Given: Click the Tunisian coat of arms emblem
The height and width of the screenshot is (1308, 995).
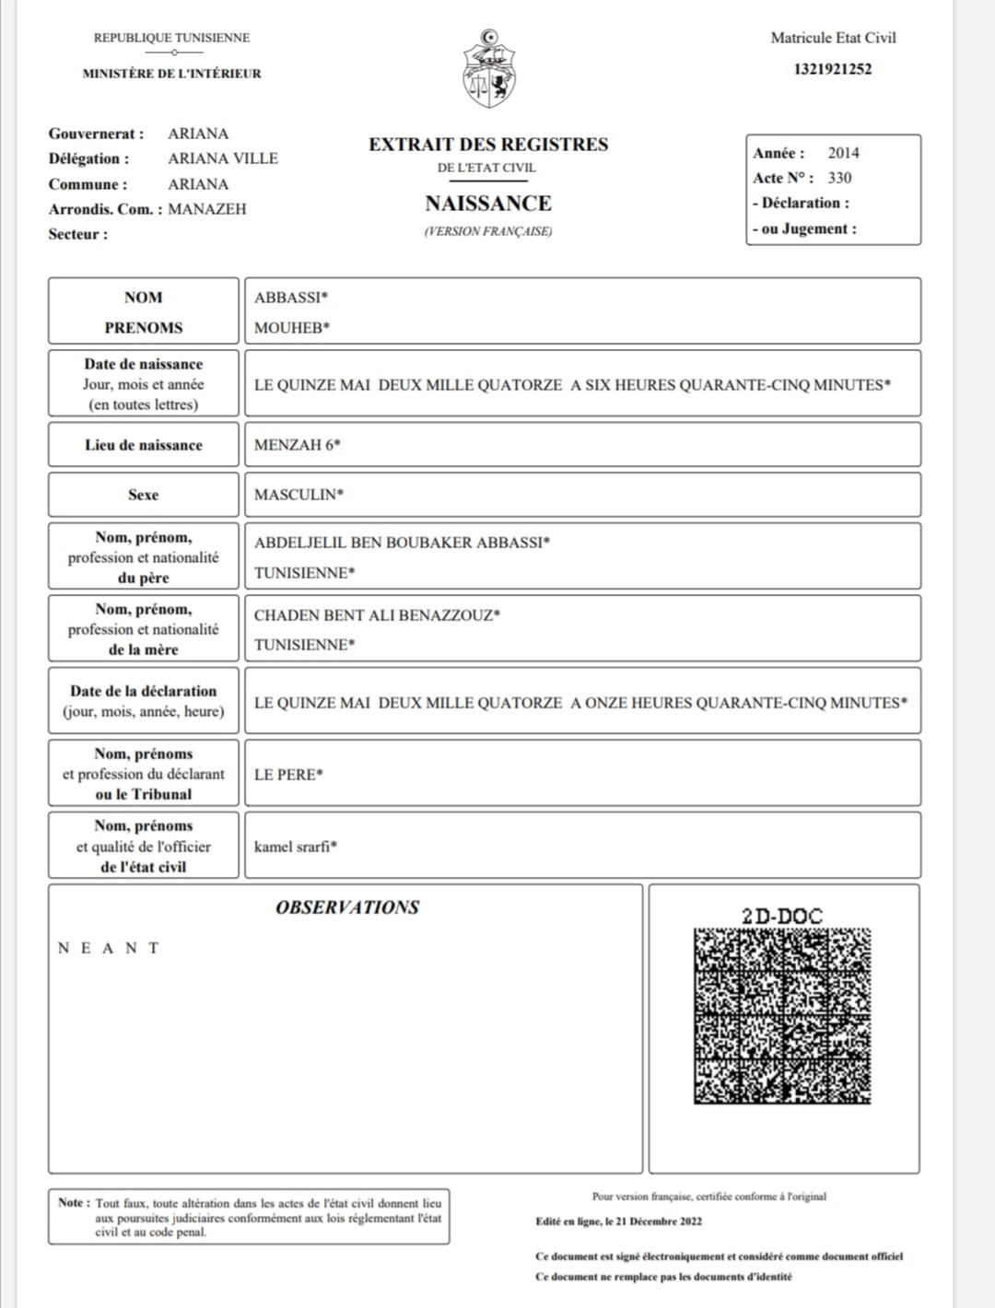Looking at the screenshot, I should pyautogui.click(x=488, y=68).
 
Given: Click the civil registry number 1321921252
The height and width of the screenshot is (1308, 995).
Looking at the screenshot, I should pyautogui.click(x=832, y=69).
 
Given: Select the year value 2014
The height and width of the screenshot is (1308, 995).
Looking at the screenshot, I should pyautogui.click(x=843, y=153).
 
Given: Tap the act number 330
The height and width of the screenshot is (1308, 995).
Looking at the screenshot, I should pyautogui.click(x=839, y=178).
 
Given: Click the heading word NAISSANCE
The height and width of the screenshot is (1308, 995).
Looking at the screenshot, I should pyautogui.click(x=488, y=204).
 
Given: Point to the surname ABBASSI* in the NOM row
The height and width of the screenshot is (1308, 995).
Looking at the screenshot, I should pyautogui.click(x=291, y=298).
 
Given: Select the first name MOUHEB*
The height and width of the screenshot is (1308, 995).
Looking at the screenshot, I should pyautogui.click(x=292, y=328).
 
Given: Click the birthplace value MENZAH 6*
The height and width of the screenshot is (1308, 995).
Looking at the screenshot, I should pyautogui.click(x=297, y=445).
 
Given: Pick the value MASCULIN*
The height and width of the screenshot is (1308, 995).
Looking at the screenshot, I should pyautogui.click(x=298, y=495).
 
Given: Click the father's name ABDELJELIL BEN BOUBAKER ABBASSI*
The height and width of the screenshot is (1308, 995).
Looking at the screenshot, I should pyautogui.click(x=402, y=543).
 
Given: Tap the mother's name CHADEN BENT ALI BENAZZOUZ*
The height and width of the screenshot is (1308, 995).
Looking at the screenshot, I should pyautogui.click(x=377, y=615).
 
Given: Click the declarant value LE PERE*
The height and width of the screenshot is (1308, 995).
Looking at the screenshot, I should pyautogui.click(x=288, y=775).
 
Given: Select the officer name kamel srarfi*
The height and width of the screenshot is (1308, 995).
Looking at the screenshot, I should pyautogui.click(x=295, y=847).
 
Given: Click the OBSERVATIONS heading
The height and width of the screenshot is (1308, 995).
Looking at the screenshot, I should pyautogui.click(x=347, y=907).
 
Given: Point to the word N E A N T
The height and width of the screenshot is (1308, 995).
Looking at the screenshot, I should pyautogui.click(x=109, y=948).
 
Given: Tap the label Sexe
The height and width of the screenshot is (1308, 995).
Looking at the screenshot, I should pyautogui.click(x=143, y=495).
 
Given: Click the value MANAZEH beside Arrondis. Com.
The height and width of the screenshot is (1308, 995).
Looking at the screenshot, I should pyautogui.click(x=207, y=209).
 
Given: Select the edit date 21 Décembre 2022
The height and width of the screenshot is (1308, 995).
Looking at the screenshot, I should pyautogui.click(x=660, y=1221).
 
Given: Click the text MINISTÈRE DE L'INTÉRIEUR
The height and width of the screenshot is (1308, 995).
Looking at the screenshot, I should pyautogui.click(x=172, y=74).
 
